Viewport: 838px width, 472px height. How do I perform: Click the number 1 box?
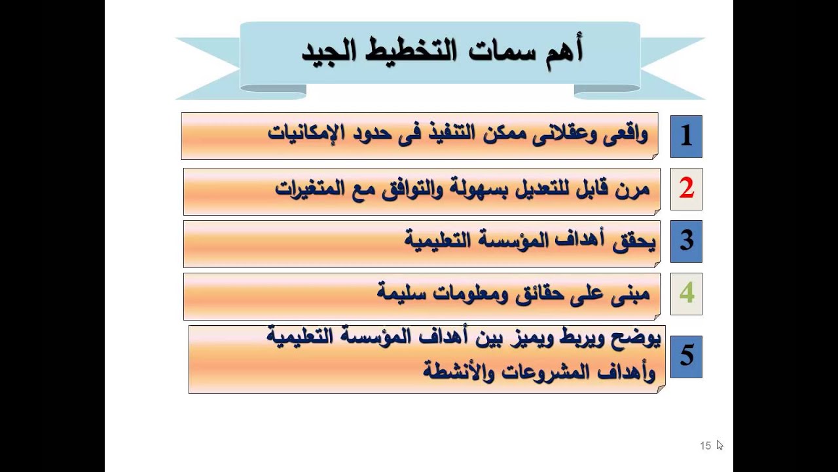pos(686,136)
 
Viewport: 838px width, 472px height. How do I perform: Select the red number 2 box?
pos(686,189)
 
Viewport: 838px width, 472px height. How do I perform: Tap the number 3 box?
pos(686,241)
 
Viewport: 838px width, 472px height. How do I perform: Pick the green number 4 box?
pos(686,294)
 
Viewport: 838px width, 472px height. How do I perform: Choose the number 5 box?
pos(686,356)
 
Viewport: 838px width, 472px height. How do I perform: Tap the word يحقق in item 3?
pos(636,241)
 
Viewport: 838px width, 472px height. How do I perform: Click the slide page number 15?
pos(705,446)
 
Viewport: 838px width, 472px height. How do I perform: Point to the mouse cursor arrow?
pos(719,444)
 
